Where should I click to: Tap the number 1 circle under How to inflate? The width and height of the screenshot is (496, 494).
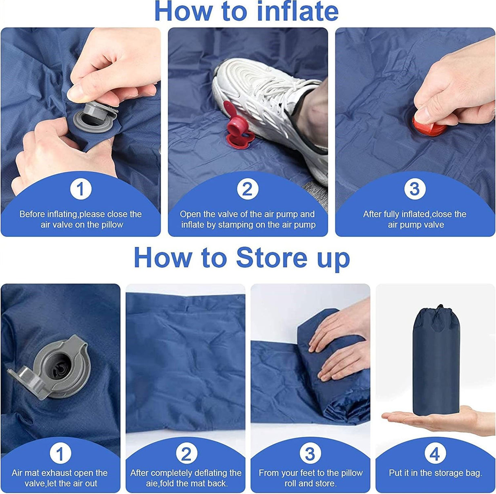[x=80, y=189]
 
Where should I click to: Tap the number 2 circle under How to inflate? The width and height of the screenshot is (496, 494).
[x=248, y=189]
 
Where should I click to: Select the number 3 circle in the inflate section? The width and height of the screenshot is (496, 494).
[x=415, y=189]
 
